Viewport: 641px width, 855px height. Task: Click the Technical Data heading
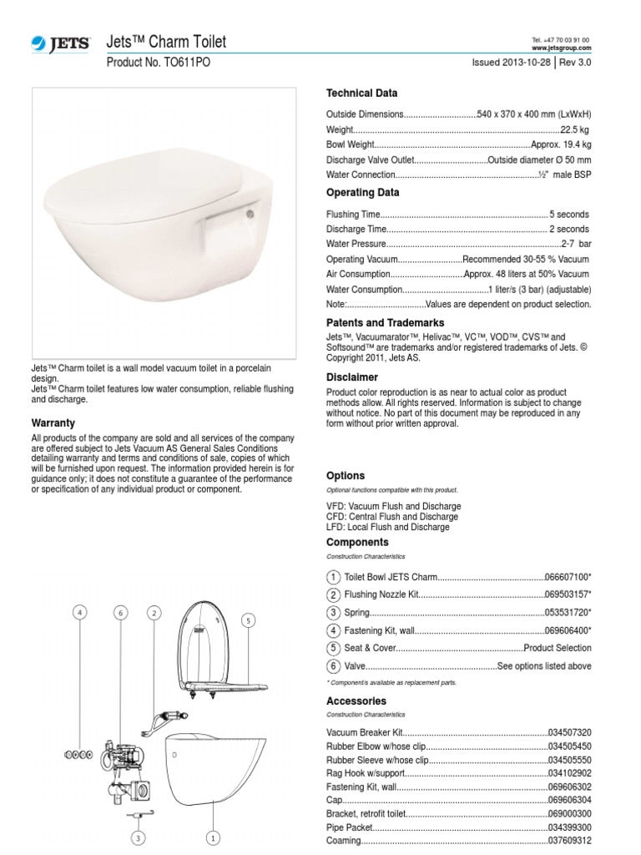pyautogui.click(x=361, y=94)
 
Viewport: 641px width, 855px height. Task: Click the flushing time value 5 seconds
pyautogui.click(x=569, y=215)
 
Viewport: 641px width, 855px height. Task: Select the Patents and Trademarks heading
pyautogui.click(x=385, y=322)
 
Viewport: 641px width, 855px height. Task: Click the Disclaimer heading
pyautogui.click(x=351, y=377)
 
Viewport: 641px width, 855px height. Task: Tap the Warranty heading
pyautogui.click(x=53, y=423)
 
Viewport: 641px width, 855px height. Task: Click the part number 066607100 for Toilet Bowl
pyautogui.click(x=568, y=578)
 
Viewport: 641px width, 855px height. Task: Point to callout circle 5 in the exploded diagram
pyautogui.click(x=247, y=620)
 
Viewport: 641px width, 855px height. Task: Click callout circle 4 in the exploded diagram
pyautogui.click(x=80, y=613)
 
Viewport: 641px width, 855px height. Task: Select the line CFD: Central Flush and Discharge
pyautogui.click(x=392, y=517)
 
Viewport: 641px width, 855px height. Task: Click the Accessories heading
pyautogui.click(x=356, y=701)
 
